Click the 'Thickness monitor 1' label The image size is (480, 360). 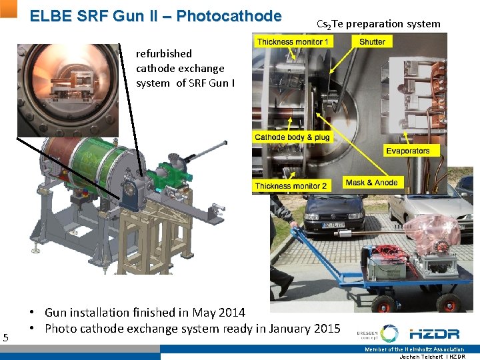pyautogui.click(x=293, y=42)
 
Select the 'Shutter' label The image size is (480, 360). pyautogui.click(x=371, y=42)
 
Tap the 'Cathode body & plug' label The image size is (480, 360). pyautogui.click(x=292, y=137)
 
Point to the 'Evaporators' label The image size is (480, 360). pyautogui.click(x=407, y=151)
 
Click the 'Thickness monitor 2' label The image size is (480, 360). pyautogui.click(x=291, y=186)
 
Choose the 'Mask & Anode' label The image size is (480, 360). pyautogui.click(x=371, y=183)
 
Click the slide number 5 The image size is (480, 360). pyautogui.click(x=6, y=338)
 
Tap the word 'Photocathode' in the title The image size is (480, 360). pyautogui.click(x=230, y=16)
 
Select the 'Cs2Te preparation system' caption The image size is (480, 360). pyautogui.click(x=378, y=24)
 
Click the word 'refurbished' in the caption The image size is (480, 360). pyautogui.click(x=163, y=53)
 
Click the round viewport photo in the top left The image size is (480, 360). pyautogui.click(x=68, y=89)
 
